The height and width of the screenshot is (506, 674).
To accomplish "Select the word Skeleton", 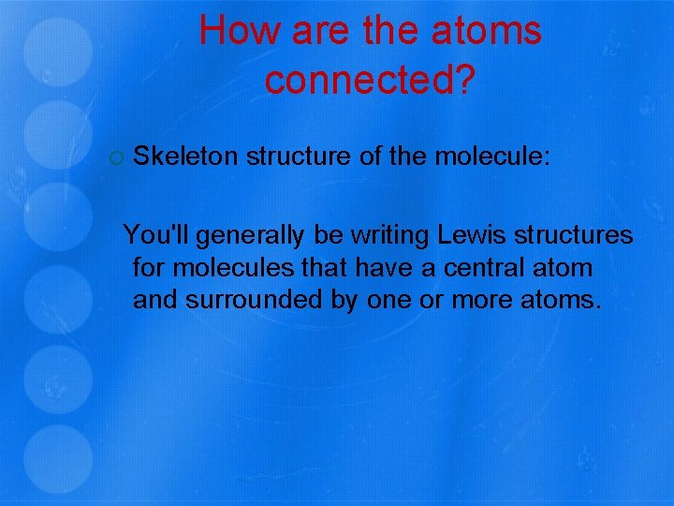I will point(185,156).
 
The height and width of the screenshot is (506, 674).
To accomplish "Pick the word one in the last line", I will point(387,302).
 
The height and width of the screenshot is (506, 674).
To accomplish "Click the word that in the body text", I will point(324,268).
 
